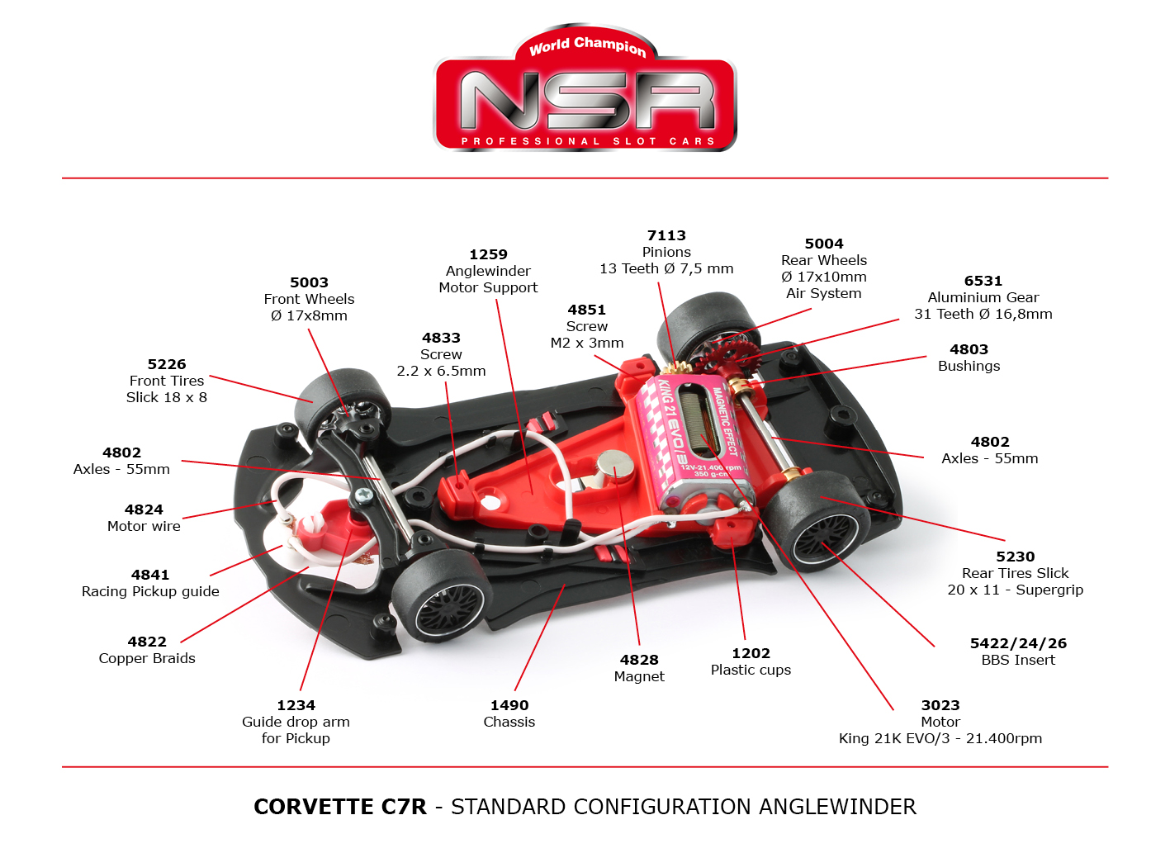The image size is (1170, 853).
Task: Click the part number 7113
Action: click(666, 235)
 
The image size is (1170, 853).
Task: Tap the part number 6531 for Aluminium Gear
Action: click(983, 281)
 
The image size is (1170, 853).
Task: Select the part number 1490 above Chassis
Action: click(509, 705)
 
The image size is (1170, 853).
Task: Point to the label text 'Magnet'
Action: click(639, 676)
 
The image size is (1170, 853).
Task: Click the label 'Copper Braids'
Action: click(147, 658)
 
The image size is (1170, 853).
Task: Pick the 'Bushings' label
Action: click(969, 366)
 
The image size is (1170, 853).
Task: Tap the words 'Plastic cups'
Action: click(751, 670)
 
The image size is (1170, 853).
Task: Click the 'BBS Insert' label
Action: click(1018, 660)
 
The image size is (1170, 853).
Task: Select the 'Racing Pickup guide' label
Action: click(150, 591)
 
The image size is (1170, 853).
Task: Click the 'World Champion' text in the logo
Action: click(587, 45)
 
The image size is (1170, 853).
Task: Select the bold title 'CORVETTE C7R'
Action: click(340, 807)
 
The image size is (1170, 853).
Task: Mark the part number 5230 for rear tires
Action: click(1015, 557)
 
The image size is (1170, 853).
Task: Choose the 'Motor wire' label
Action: click(144, 526)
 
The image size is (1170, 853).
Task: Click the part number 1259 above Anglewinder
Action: click(488, 254)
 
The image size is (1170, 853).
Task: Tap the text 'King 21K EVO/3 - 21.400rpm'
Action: click(940, 738)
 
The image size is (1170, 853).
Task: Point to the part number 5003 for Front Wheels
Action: click(309, 282)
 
